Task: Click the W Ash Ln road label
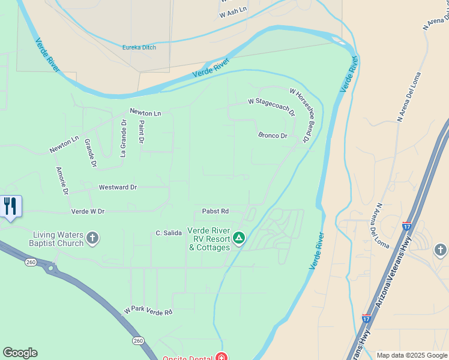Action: point(233,11)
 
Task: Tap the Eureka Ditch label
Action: point(139,47)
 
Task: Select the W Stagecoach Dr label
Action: point(272,106)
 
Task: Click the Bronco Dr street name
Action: point(273,136)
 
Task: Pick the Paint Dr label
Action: point(142,131)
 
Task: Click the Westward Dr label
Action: point(118,187)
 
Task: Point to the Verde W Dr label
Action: point(88,211)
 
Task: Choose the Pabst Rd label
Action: point(215,211)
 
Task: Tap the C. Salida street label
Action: point(169,233)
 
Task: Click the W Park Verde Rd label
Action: point(148,312)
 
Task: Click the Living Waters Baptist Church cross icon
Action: point(92,238)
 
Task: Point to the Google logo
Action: point(20,353)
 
